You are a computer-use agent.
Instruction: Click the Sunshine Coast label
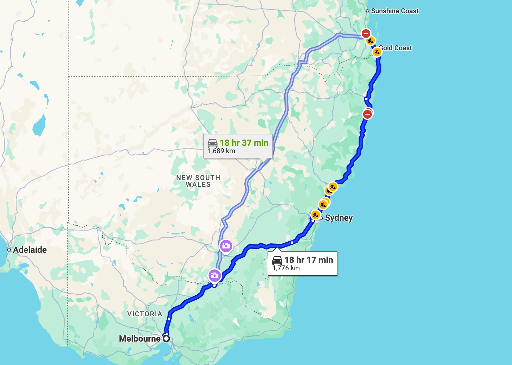tap(395, 11)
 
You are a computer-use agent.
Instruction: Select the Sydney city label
tap(339, 218)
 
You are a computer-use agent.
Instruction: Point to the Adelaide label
tap(30, 250)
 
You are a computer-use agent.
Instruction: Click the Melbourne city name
tap(140, 338)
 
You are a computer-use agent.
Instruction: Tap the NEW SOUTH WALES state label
tap(198, 181)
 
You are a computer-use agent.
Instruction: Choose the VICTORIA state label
tap(145, 314)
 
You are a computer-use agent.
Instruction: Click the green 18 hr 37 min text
tap(244, 143)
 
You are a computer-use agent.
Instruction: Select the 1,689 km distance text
tap(221, 151)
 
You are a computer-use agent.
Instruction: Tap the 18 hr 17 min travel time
tap(309, 260)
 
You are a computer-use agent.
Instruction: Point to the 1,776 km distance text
tap(286, 268)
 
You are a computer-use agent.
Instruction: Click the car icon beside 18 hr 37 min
tap(213, 143)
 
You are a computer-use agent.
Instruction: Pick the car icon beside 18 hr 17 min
tap(277, 260)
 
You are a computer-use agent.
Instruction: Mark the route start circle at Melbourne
tap(166, 338)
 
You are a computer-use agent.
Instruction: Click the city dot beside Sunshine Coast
tap(368, 11)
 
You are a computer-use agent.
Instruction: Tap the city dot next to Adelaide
tap(9, 250)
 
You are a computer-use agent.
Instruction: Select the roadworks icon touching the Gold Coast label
tap(377, 52)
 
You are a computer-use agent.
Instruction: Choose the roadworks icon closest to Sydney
tap(315, 215)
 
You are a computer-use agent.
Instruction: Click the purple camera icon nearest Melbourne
tap(214, 275)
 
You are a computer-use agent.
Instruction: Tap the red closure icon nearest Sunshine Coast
tap(366, 33)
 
